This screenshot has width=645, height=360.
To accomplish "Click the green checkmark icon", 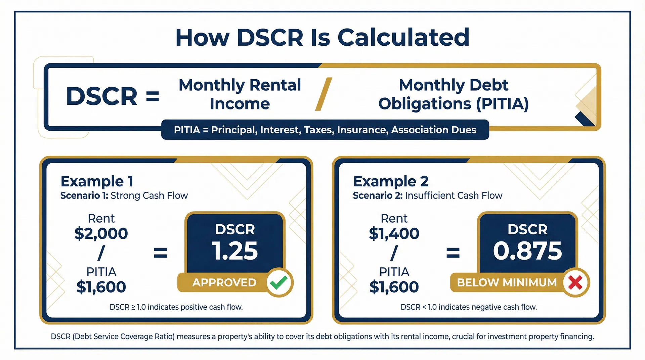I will click(x=279, y=282).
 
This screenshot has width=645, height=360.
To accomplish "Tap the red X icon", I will click(x=575, y=282).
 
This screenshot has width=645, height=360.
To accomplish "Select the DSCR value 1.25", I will click(x=235, y=251).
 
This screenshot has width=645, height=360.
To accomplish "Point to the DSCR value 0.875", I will click(x=527, y=251).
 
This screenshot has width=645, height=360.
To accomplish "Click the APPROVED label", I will click(x=224, y=282).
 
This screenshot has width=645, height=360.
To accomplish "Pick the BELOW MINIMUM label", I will click(x=507, y=282).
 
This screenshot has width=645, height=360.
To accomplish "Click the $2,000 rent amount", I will click(x=101, y=233).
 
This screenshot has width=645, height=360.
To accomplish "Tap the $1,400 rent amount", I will click(x=394, y=233).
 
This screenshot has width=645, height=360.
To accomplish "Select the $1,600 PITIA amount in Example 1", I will click(x=101, y=287).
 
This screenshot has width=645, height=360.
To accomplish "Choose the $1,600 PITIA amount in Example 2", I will click(x=394, y=287).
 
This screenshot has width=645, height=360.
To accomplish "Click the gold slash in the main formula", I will click(x=324, y=94).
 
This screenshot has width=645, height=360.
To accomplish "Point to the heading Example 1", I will click(x=97, y=181).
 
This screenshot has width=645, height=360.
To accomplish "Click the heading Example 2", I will click(x=391, y=181).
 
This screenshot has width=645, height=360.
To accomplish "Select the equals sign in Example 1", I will click(x=160, y=253).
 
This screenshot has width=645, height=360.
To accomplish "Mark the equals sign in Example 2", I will click(x=453, y=253).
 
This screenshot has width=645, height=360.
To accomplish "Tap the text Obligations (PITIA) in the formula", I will click(x=454, y=103).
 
